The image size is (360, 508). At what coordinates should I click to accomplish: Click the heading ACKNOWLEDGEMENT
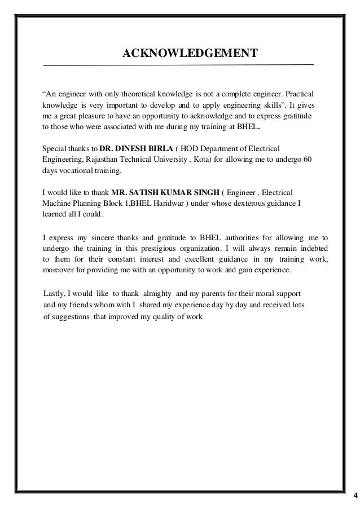[x=190, y=54]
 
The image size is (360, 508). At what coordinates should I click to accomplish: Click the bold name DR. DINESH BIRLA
[x=135, y=148]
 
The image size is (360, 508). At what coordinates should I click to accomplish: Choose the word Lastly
[x=55, y=295]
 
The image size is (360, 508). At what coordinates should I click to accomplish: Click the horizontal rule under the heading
[x=178, y=66]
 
